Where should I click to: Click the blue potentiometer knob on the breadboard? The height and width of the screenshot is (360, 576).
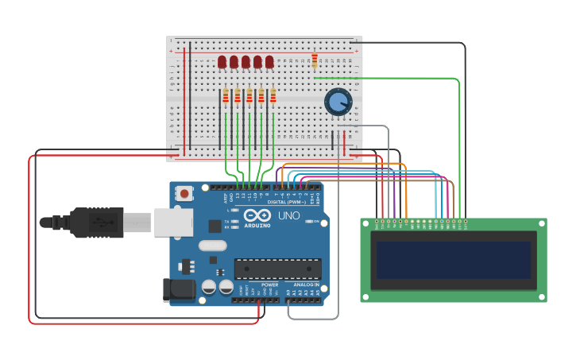(x=338, y=102)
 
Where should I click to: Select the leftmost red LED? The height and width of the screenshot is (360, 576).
(x=222, y=62)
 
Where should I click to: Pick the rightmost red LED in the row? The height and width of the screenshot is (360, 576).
(x=269, y=62)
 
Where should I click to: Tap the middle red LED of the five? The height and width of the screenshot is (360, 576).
(x=245, y=62)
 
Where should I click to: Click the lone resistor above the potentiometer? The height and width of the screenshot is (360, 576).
(x=315, y=60)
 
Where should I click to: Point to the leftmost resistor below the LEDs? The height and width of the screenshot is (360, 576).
(x=226, y=96)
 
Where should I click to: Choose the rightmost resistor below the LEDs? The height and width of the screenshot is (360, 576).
(x=273, y=96)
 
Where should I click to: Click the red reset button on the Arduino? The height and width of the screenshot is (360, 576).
(x=184, y=193)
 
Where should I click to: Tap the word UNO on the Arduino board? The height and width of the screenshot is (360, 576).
(x=288, y=215)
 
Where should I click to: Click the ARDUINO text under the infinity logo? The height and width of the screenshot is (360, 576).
(x=257, y=225)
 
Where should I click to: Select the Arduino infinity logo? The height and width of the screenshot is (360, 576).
(x=257, y=215)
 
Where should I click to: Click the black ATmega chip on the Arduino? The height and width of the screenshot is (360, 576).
(x=277, y=269)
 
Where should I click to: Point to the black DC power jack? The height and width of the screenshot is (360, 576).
(x=178, y=290)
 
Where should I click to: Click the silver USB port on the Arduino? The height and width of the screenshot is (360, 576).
(x=173, y=223)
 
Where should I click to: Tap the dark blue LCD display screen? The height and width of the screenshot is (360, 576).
(x=453, y=260)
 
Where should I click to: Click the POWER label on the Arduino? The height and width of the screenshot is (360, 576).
(x=270, y=285)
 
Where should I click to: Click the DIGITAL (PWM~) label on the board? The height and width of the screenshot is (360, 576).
(x=285, y=202)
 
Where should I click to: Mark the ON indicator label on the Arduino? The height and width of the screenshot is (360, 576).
(x=315, y=221)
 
